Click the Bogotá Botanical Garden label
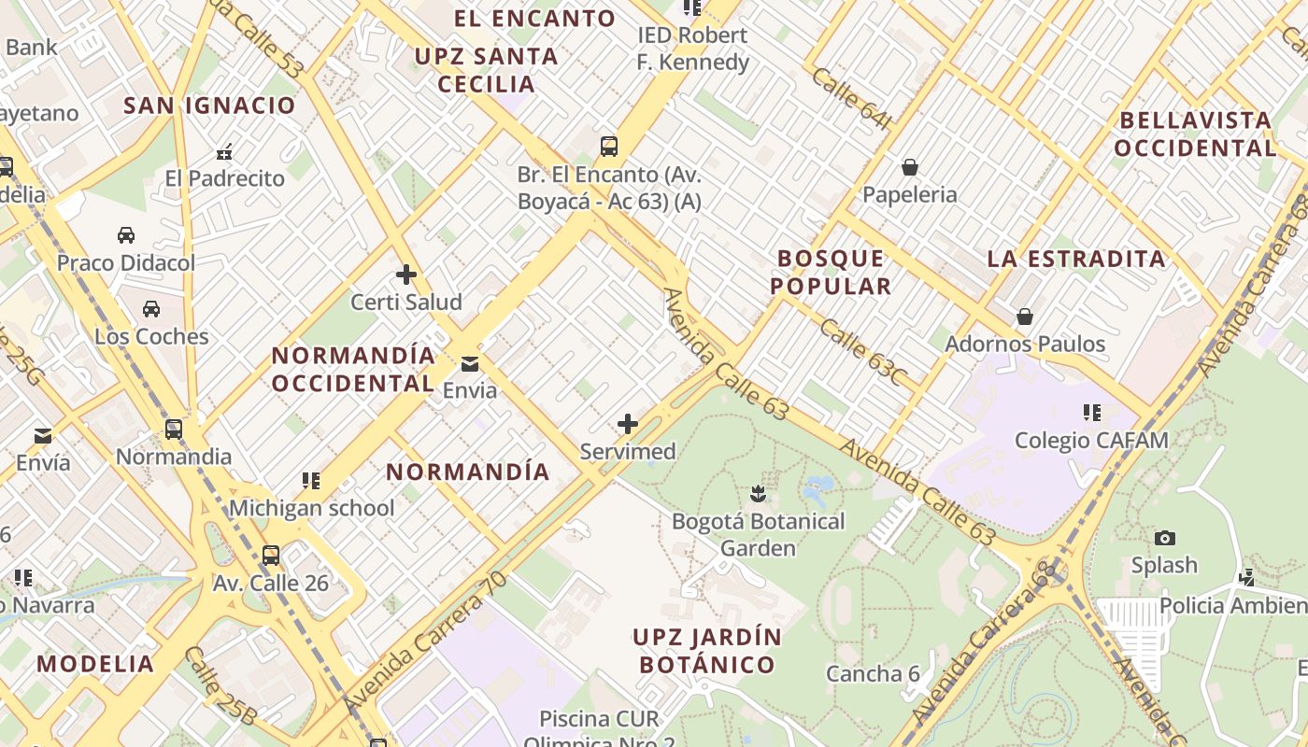[x=758, y=534]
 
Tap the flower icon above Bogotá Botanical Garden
[x=758, y=492]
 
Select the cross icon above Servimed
[x=628, y=424]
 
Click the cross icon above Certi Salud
[x=405, y=275]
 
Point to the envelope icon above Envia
[x=470, y=363]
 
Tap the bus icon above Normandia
[x=174, y=430]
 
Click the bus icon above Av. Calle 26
[x=271, y=556]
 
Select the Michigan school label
[x=312, y=508]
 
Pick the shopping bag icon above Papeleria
[x=909, y=167]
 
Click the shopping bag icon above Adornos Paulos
[x=1025, y=317]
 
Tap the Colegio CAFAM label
[x=1091, y=440]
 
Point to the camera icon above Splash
[x=1164, y=538]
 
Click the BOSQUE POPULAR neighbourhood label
[x=831, y=272]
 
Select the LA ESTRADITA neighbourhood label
[x=1076, y=259]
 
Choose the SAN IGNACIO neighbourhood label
[x=209, y=105]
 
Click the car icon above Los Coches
[x=151, y=308]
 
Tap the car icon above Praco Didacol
[x=126, y=234]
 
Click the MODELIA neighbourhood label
[x=95, y=664]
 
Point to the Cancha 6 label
[x=873, y=673]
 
